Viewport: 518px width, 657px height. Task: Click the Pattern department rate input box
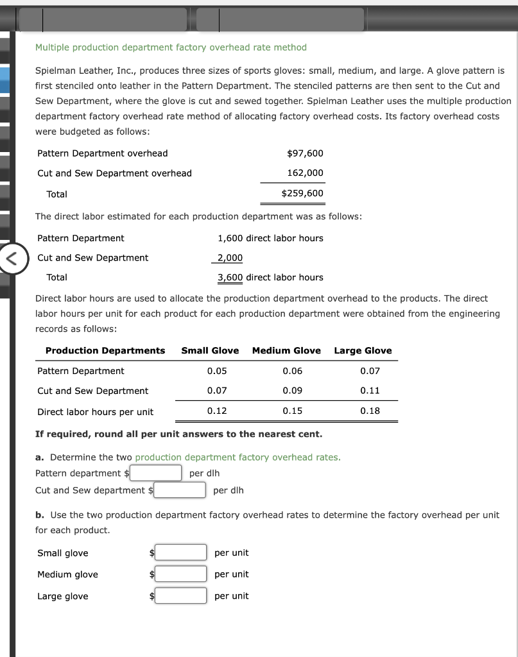click(157, 473)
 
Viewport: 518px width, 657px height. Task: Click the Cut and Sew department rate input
click(180, 490)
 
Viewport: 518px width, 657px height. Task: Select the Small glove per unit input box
click(180, 552)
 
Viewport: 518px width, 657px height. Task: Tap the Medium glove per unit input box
click(180, 574)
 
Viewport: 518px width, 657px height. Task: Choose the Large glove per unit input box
click(180, 595)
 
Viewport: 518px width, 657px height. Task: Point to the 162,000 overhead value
click(306, 173)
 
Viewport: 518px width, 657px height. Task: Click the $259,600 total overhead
click(302, 194)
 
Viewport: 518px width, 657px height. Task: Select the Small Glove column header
click(210, 350)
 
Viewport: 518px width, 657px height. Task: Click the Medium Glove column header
click(286, 350)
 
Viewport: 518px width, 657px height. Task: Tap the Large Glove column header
click(363, 350)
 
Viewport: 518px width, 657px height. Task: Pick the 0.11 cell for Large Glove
click(370, 391)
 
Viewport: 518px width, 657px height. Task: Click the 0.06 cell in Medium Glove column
click(293, 371)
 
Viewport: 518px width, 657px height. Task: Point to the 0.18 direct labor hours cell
click(370, 411)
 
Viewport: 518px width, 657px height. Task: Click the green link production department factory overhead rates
click(237, 457)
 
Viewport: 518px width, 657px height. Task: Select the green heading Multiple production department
click(171, 47)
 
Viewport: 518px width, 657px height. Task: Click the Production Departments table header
click(105, 350)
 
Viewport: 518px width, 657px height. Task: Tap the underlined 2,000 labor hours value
click(230, 258)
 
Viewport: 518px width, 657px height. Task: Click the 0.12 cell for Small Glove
click(217, 411)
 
